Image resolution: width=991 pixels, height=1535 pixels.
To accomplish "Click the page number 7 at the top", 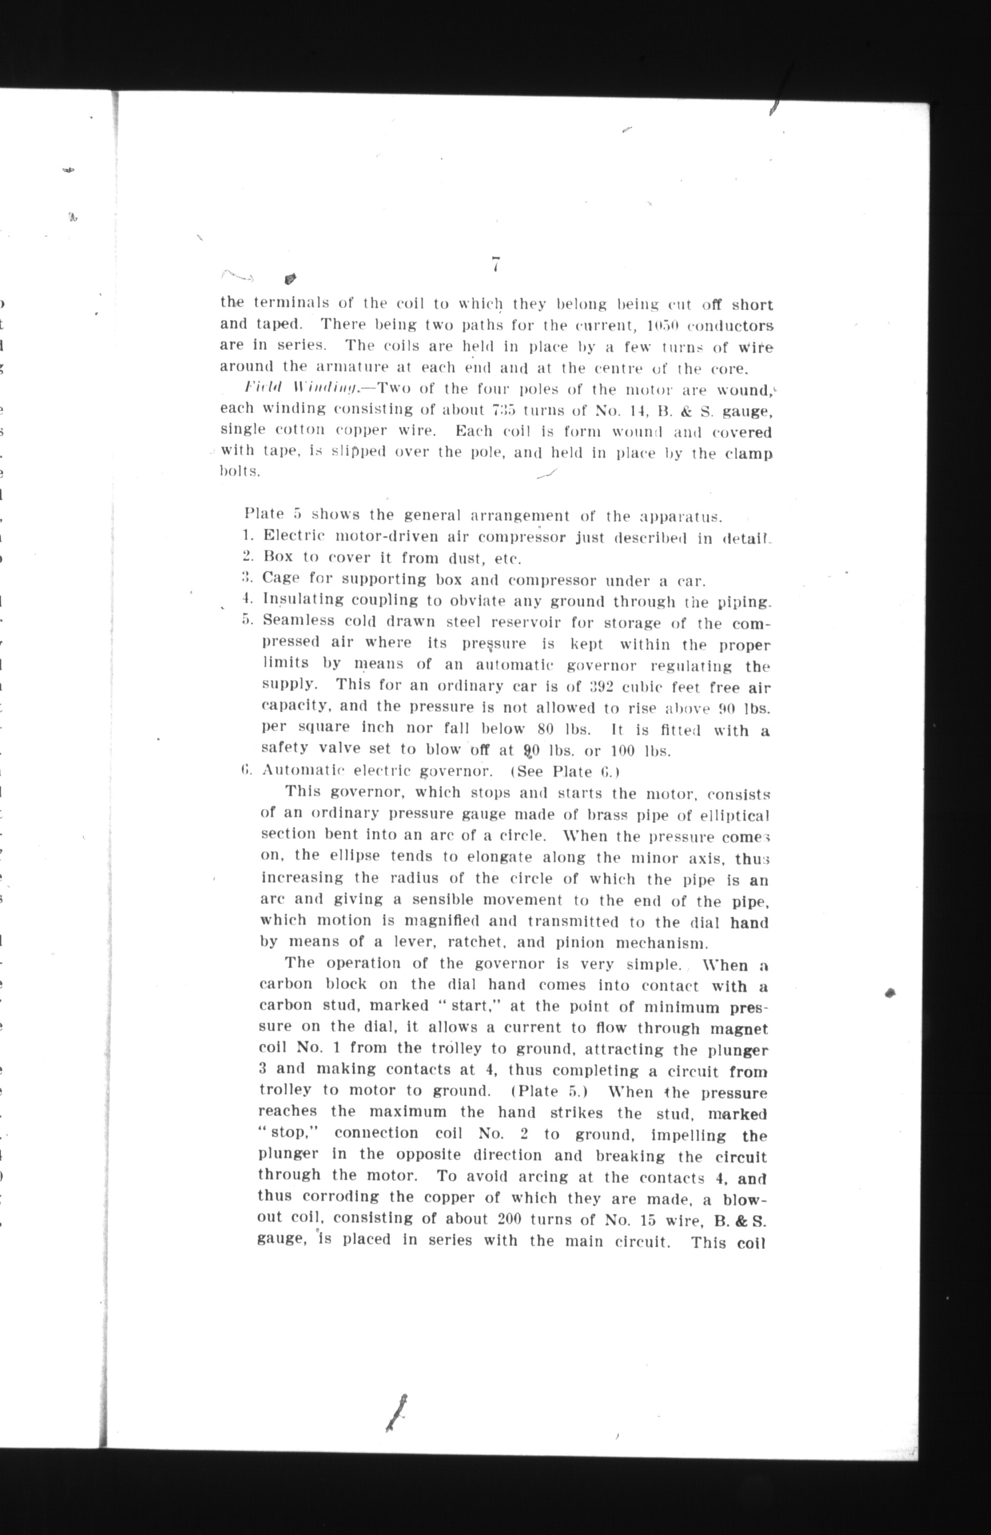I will pos(495,265).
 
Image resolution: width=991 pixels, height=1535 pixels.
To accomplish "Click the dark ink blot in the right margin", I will pos(891,993).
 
